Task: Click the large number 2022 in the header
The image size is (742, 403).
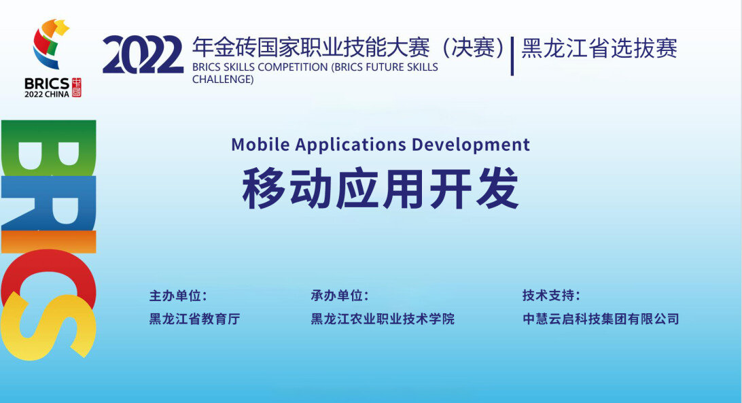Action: [x=143, y=55]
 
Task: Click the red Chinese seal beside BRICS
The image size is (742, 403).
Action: [x=76, y=88]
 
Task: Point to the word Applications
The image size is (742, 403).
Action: [x=351, y=145]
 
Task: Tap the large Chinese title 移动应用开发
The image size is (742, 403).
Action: [x=381, y=188]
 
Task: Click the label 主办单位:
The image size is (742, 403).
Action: [x=178, y=296]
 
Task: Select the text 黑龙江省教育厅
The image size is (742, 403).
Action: [x=194, y=319]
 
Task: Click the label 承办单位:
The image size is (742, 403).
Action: [x=340, y=296]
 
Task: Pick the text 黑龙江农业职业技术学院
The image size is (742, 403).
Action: [x=383, y=319]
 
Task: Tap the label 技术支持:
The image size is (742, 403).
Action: [x=551, y=296]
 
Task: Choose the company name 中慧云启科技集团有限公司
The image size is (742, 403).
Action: [x=601, y=319]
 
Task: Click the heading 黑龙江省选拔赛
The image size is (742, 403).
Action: [x=599, y=48]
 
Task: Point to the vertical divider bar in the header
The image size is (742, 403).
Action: [x=512, y=56]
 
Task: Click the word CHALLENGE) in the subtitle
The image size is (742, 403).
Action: [x=223, y=80]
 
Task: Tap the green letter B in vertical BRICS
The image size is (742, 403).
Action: [x=49, y=148]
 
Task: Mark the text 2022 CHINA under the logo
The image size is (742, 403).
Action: [x=47, y=94]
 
